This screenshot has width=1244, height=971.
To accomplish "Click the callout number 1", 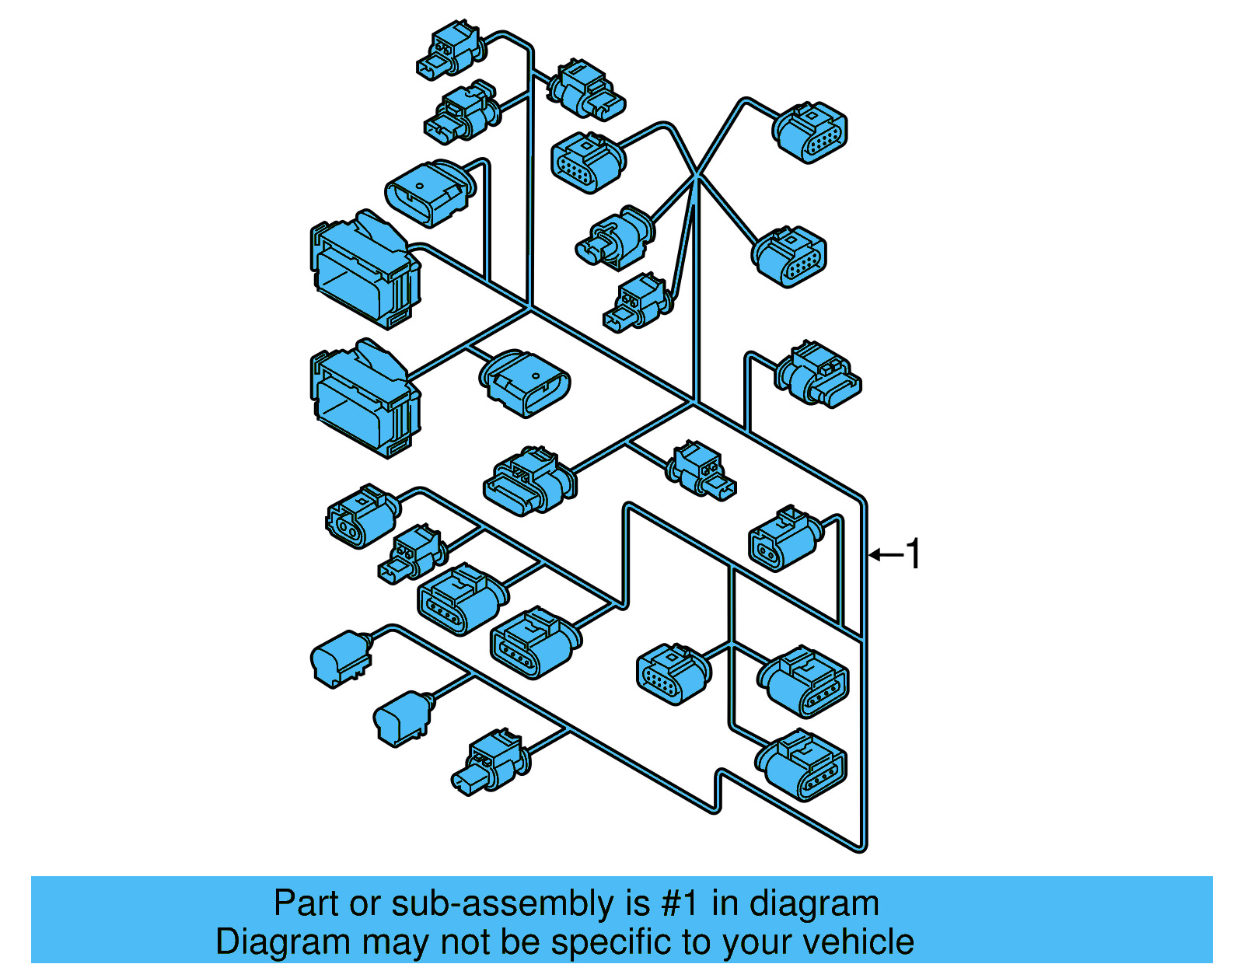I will click(x=914, y=554).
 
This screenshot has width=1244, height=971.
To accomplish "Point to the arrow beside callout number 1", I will click(x=886, y=554).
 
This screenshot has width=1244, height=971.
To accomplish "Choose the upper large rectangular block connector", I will click(x=365, y=267).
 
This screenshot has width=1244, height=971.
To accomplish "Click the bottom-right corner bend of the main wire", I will click(x=861, y=846).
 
